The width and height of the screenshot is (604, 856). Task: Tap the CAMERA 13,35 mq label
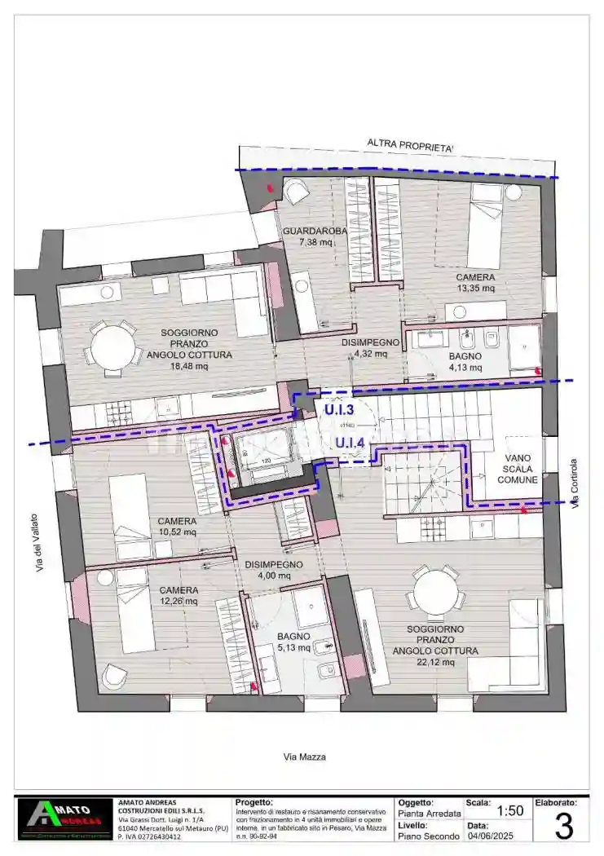point(475,282)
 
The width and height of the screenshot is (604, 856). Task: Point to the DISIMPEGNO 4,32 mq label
point(371,348)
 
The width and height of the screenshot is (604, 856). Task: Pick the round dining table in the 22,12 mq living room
point(435,591)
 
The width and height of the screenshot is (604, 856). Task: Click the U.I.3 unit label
point(338,411)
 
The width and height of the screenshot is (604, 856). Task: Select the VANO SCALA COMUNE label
point(522,470)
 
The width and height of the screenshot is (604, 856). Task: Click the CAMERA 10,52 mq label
point(178,527)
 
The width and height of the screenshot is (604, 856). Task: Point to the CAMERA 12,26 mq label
point(179,595)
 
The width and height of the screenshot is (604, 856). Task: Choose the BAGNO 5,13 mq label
point(293,642)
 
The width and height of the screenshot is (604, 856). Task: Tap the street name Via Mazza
point(304,757)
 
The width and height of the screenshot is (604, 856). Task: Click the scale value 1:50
point(509,810)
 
